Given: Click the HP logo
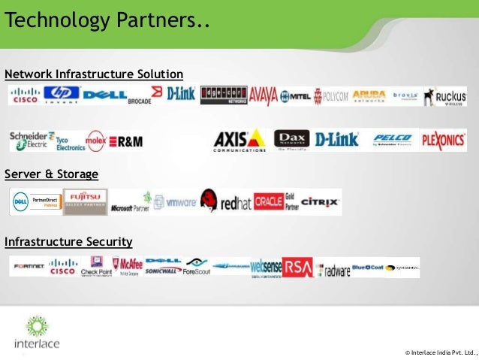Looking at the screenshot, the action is coord(61,95).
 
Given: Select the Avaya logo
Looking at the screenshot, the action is coord(264,95).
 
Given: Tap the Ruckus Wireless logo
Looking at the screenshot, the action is coord(444,96).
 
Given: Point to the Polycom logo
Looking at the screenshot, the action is coord(330,95).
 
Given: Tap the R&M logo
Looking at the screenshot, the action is coord(125,141).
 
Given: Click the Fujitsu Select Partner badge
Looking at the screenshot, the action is coord(85,201).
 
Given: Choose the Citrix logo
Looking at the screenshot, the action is coord(321,201).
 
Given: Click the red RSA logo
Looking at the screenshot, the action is coord(297,267).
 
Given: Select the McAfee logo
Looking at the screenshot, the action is coord(127,267).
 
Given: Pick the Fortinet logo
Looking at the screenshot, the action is coord(29,267).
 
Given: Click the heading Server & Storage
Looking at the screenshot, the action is coord(51,174).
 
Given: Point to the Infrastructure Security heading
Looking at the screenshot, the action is coord(68,241).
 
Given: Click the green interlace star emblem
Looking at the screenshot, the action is coord(35,326).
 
